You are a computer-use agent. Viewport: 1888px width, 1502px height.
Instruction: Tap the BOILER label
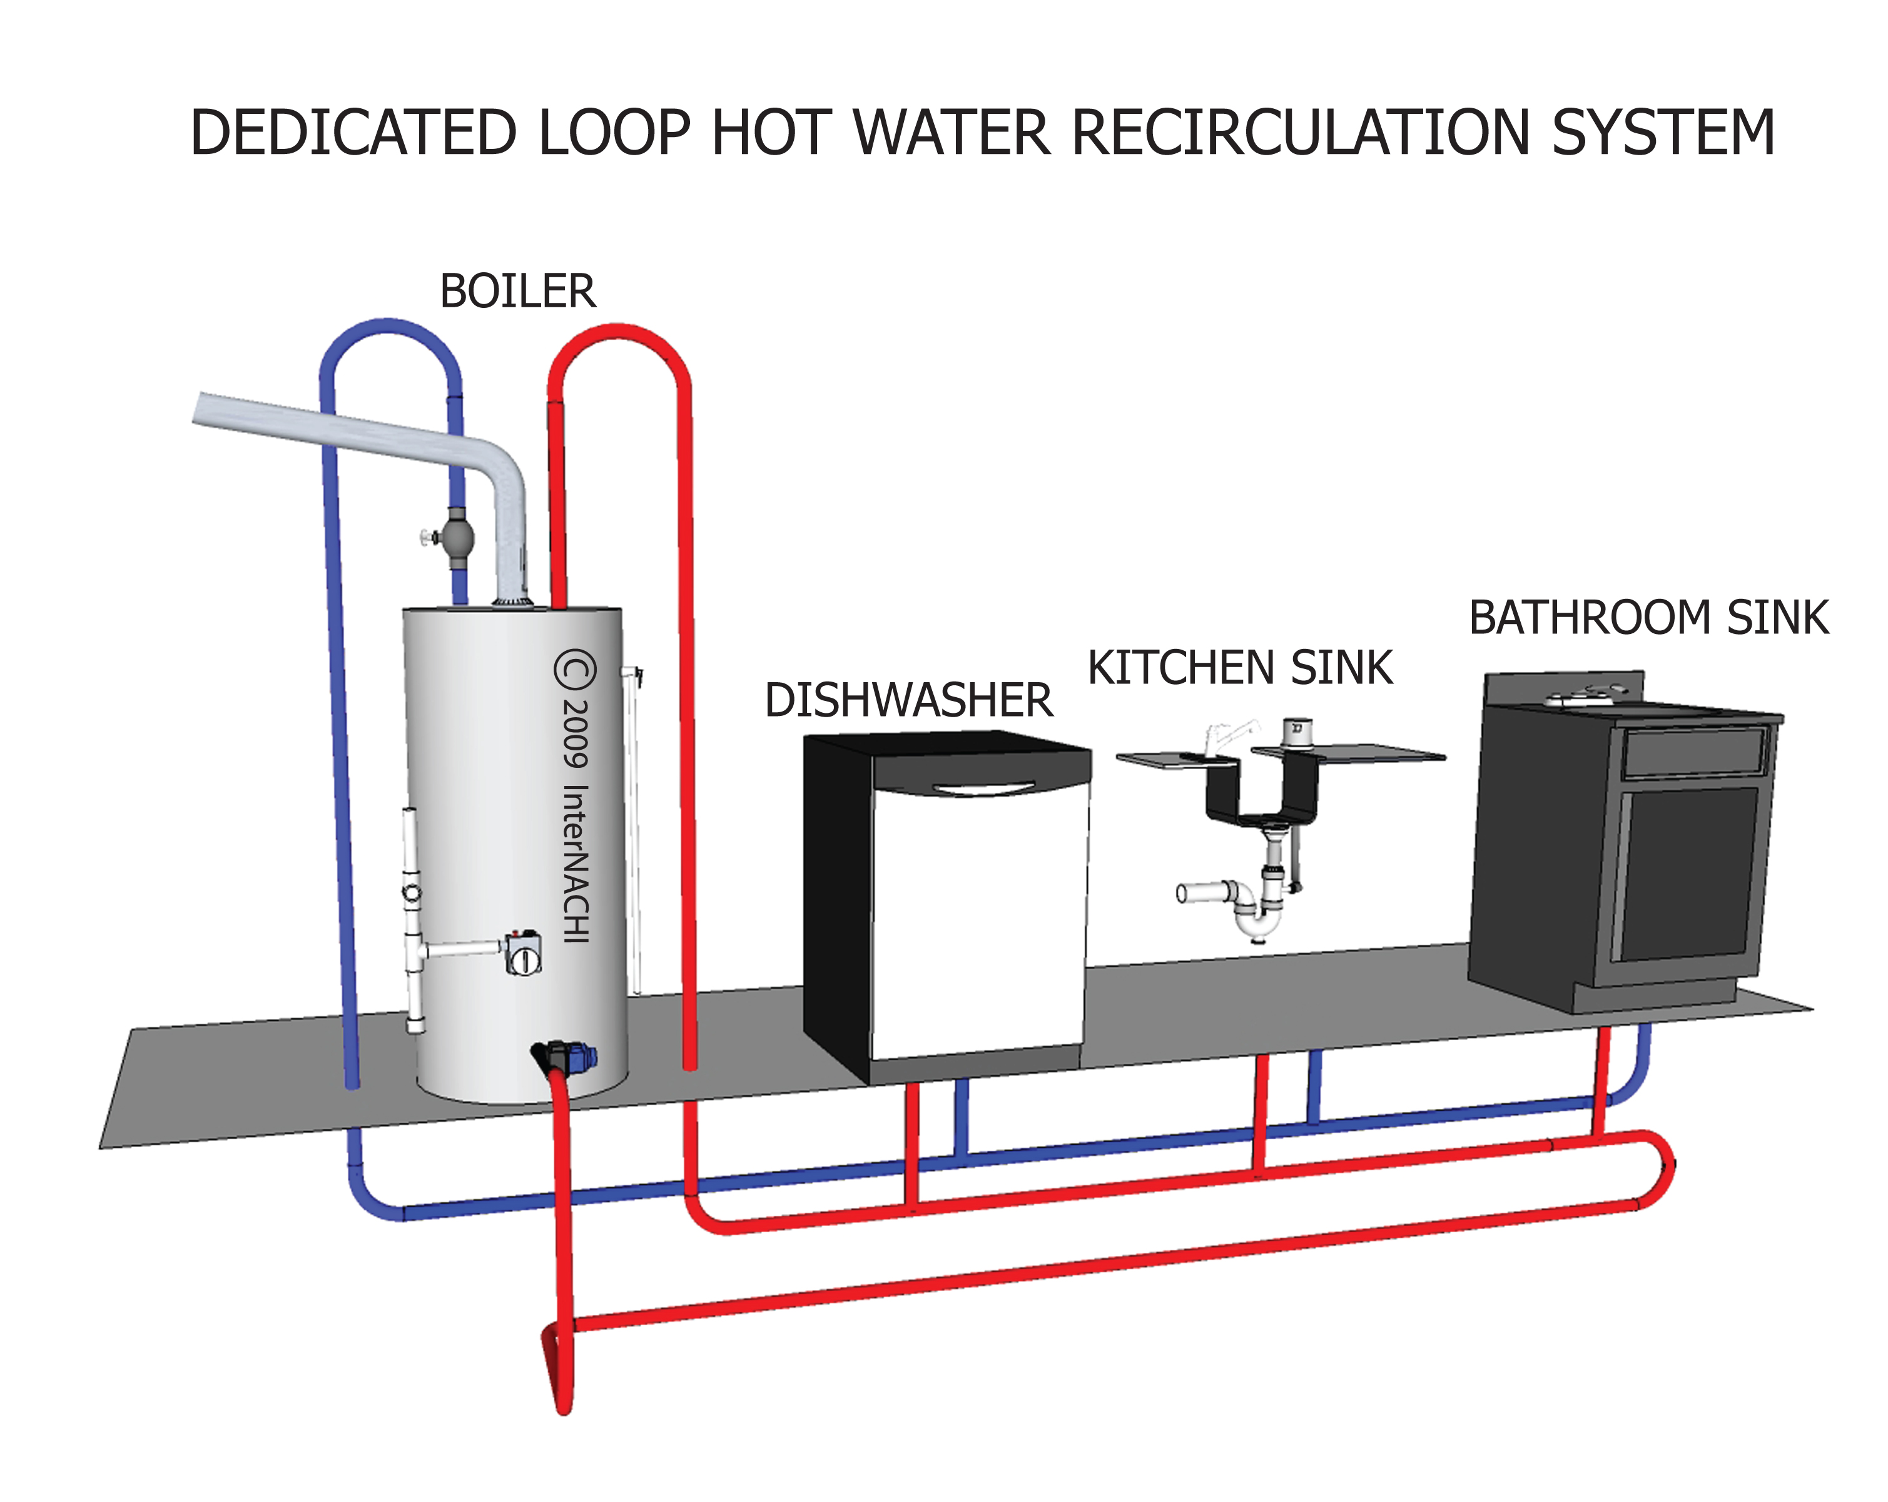click(517, 292)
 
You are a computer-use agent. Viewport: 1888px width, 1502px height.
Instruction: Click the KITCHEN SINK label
click(1239, 668)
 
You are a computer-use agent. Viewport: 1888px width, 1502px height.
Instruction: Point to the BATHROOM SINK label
click(1648, 618)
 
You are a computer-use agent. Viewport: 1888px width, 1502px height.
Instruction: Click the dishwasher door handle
click(983, 788)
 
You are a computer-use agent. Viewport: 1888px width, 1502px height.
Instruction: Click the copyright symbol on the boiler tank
click(574, 670)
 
